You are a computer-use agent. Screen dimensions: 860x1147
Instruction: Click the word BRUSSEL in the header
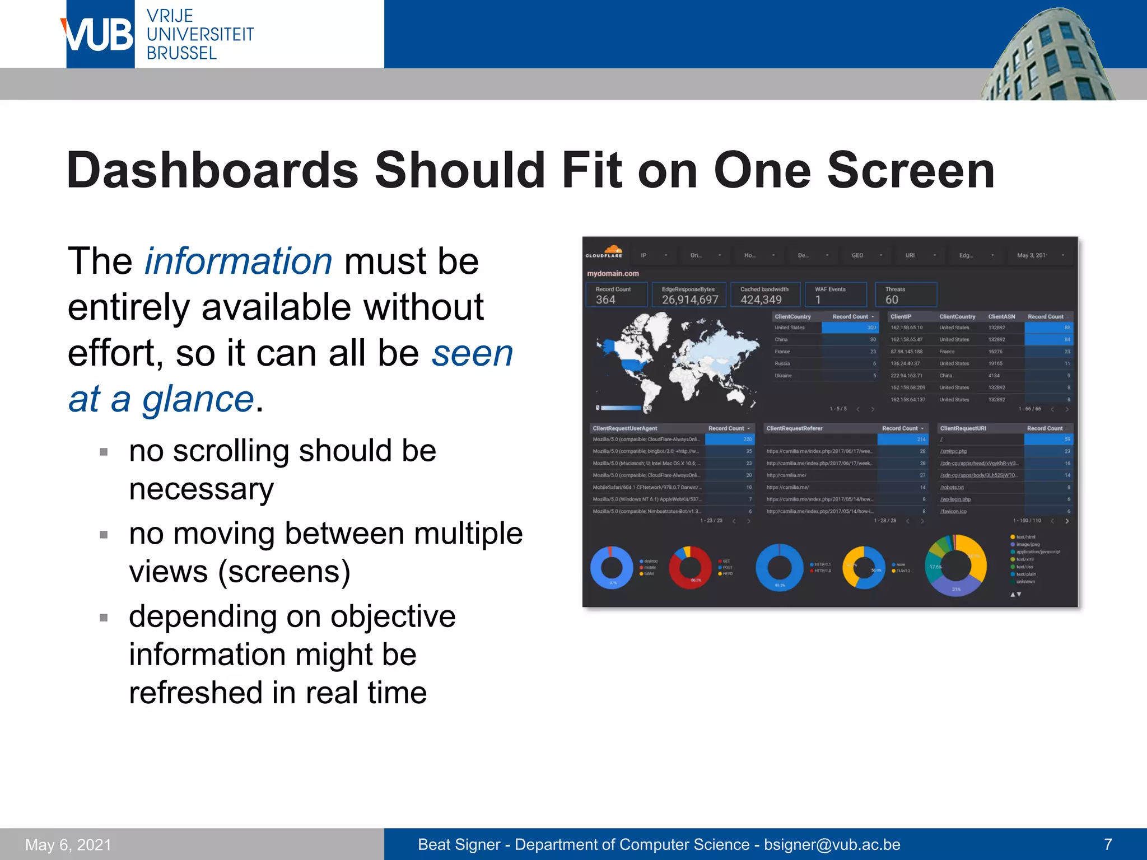[181, 54]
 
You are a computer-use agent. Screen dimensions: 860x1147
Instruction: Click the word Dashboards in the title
[212, 170]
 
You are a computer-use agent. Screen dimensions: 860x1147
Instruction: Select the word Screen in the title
[911, 170]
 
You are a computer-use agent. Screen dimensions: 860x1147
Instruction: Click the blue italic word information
[239, 261]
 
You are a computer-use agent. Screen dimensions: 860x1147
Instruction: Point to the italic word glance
[198, 399]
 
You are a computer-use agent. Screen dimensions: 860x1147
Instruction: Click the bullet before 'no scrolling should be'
[104, 452]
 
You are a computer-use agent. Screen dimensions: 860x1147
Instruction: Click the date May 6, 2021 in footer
[68, 844]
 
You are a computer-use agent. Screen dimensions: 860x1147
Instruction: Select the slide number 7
[1108, 844]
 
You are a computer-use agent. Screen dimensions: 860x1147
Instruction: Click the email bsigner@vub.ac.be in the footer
[832, 844]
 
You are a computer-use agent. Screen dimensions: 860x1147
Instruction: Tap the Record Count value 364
[605, 300]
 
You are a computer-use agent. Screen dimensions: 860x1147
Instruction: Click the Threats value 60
[892, 300]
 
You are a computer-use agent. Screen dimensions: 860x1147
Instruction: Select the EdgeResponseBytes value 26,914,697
[690, 300]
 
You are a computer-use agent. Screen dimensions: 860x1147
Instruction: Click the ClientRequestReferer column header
[794, 428]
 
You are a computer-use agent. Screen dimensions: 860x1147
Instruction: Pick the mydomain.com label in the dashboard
[613, 274]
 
